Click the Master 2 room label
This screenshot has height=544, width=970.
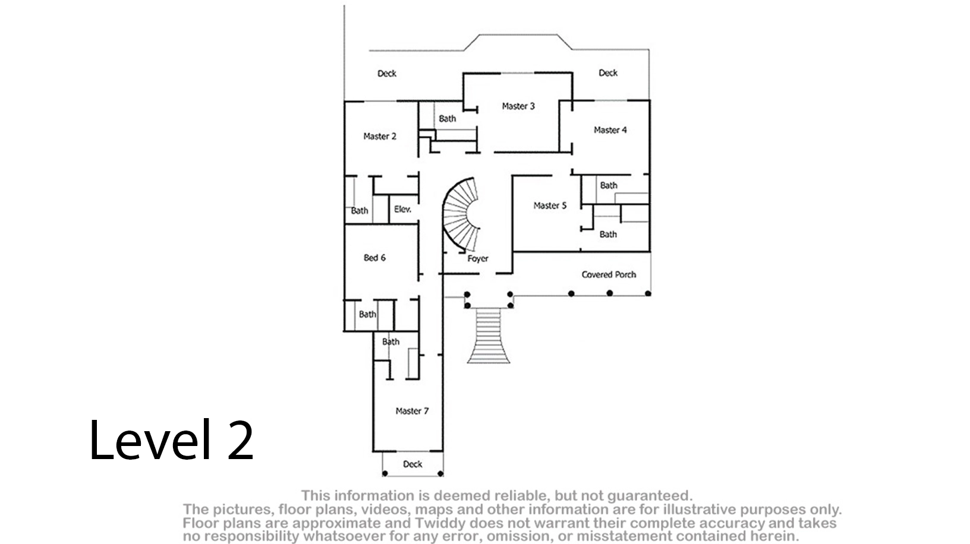[380, 137]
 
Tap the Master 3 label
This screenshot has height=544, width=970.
[518, 106]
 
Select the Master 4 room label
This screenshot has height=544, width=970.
[610, 130]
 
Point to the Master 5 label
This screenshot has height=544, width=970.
[550, 205]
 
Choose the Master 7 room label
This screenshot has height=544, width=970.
[412, 411]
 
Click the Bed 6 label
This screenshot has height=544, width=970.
[374, 258]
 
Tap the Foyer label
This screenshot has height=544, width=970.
[478, 259]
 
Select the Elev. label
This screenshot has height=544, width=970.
[402, 210]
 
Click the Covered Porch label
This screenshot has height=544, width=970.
[609, 274]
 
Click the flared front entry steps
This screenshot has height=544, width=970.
[489, 336]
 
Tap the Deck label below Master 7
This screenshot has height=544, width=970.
[412, 464]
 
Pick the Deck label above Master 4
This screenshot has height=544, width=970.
[608, 72]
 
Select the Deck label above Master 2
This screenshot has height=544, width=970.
[387, 74]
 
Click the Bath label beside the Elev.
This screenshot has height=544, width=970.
[360, 211]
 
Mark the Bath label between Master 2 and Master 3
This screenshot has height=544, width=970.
[448, 119]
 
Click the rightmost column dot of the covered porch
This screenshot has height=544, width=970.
[648, 293]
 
